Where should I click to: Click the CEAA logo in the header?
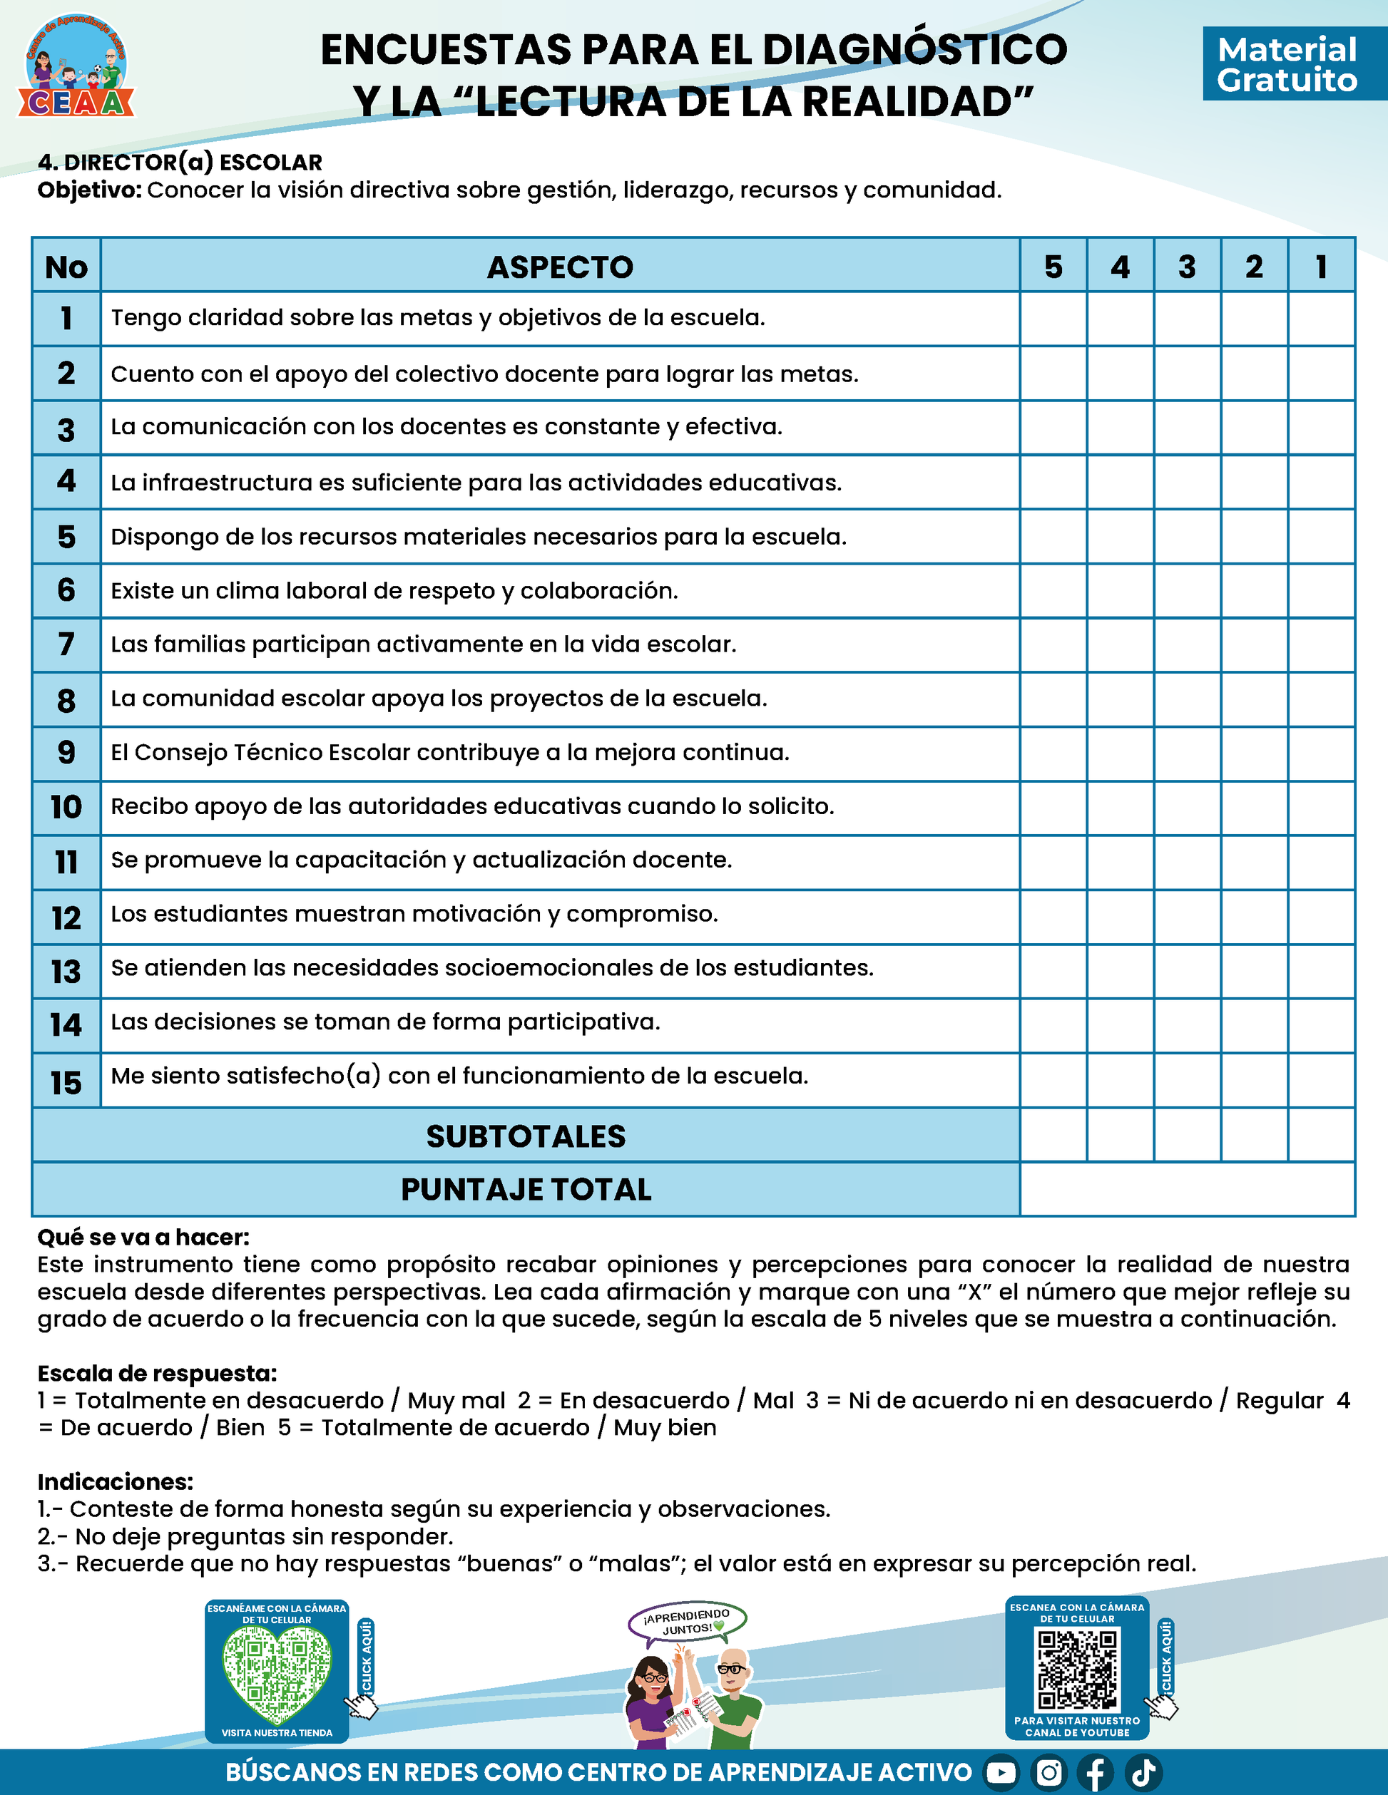[x=76, y=66]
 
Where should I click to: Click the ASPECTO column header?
[x=560, y=267]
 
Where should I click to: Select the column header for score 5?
[x=1053, y=267]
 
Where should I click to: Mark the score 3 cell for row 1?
[x=1188, y=319]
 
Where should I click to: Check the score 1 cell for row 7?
[x=1322, y=644]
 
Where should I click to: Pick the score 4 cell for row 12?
[x=1120, y=917]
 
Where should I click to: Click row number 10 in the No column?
[x=66, y=807]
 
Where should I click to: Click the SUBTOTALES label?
[x=526, y=1136]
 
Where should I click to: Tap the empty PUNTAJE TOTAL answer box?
[x=1188, y=1189]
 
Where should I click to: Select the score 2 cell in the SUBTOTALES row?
[x=1254, y=1135]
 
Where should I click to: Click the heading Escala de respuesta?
[x=157, y=1374]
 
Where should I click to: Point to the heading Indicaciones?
[x=115, y=1482]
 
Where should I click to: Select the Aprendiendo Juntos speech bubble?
[x=688, y=1622]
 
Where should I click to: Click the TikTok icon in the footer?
[x=1144, y=1773]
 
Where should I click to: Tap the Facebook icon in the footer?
[x=1096, y=1773]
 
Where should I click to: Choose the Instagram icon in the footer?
[x=1049, y=1773]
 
